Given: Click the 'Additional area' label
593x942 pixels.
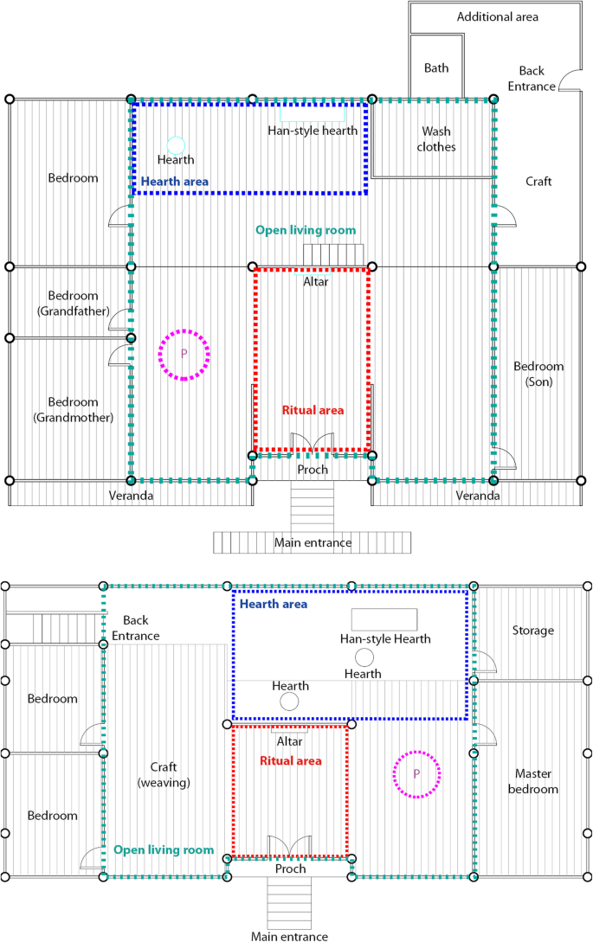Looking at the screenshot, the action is pos(498,16).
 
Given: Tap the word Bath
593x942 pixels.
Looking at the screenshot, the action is pos(436,67).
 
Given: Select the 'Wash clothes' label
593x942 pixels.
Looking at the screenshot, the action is pos(436,138).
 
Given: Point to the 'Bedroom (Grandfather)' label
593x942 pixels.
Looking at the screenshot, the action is pos(74,304).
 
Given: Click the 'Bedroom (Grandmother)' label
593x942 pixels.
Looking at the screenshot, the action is pos(74,410).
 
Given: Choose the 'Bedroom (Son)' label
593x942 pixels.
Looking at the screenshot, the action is pos(538,374).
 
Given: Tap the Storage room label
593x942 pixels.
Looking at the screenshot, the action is pos(533,631).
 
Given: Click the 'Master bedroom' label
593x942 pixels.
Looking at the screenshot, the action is pos(533,781).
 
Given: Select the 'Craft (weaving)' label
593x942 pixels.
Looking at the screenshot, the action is pos(164,774).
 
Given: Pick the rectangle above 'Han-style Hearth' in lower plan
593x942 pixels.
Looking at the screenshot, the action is pos(384,619).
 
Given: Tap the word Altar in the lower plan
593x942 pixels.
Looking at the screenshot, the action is pos(289,741).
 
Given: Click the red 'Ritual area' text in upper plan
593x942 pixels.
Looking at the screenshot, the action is pos(313,410).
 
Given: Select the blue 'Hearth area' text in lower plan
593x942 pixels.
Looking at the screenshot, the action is pos(274,604).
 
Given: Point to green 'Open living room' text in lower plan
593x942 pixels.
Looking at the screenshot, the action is pos(164,850).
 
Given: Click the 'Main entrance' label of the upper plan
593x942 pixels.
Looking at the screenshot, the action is pos(313,542).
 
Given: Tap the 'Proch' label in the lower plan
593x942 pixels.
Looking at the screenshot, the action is pos(291,868).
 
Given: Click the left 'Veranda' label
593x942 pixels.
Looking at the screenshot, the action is pos(131,496).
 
